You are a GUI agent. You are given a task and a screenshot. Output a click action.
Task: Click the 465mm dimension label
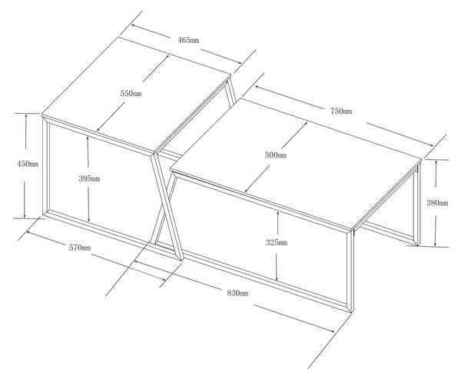coord(188,40)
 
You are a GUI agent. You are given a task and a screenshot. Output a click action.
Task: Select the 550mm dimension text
coord(131,94)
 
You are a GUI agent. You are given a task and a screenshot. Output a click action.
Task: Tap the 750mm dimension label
coord(341,111)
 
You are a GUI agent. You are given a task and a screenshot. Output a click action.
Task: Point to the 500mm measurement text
coord(276,155)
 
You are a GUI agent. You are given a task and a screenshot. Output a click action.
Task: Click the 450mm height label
coord(28,164)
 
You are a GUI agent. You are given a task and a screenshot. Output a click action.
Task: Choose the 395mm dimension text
coord(89,178)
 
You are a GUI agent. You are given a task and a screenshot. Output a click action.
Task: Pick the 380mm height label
coord(437,203)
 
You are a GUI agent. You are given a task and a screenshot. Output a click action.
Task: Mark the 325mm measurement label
coord(277,242)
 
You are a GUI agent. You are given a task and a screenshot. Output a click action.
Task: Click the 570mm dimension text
coord(80,248)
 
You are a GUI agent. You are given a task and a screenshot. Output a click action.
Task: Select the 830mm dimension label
coord(237,293)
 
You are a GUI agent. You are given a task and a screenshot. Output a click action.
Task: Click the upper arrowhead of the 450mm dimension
coord(26,116)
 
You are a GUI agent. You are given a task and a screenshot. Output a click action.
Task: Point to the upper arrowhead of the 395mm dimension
coord(88,138)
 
